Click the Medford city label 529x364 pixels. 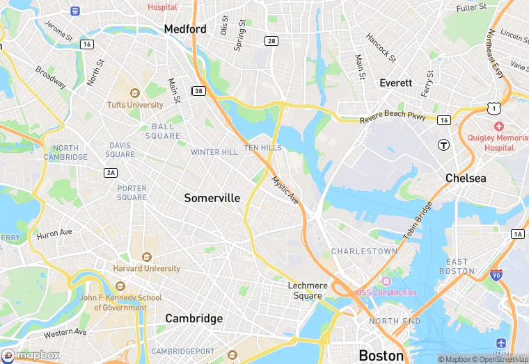click(185, 29)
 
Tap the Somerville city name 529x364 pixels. click(212, 198)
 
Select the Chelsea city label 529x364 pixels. click(466, 178)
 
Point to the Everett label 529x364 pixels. click(395, 83)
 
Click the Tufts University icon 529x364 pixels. click(135, 93)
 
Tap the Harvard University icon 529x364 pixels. click(147, 257)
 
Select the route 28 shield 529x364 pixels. click(271, 42)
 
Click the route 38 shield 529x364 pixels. click(199, 91)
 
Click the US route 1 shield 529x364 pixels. click(494, 108)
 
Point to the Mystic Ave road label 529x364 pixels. click(285, 190)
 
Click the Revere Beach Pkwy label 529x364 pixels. click(393, 119)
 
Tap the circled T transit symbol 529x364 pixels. click(443, 144)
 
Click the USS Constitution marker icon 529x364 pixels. click(386, 281)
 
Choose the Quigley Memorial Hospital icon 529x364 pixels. click(498, 126)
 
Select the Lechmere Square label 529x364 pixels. click(306, 290)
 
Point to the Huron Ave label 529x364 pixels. click(54, 233)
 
